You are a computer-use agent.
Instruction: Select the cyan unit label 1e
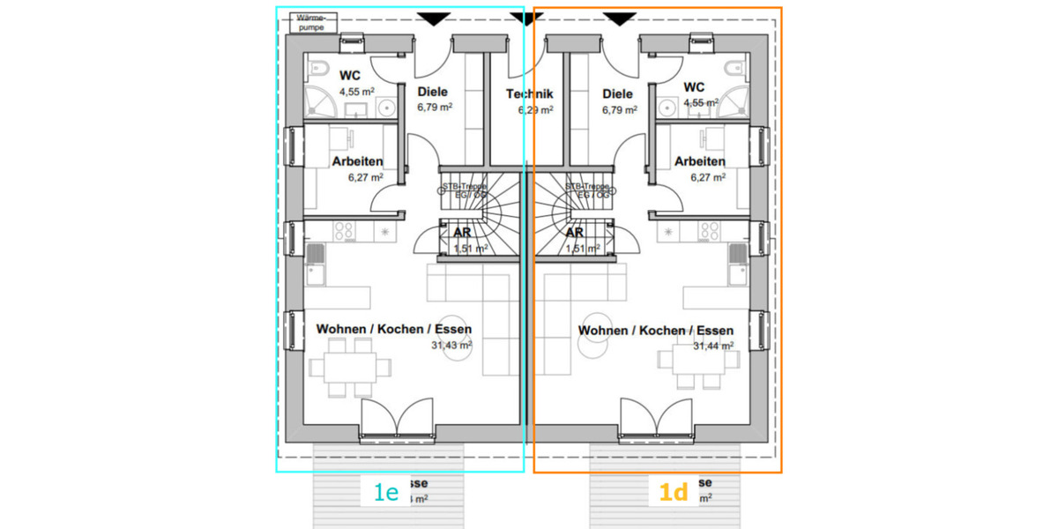(386, 493)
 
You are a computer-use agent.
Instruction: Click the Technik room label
(529, 94)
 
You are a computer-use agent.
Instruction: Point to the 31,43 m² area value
(451, 346)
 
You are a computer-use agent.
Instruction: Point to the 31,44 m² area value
(713, 346)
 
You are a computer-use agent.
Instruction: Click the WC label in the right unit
(694, 86)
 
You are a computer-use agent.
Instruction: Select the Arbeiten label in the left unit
(357, 161)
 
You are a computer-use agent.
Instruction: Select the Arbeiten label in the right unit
(700, 161)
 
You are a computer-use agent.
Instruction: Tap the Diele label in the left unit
(432, 92)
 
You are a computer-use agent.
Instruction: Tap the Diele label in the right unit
(617, 94)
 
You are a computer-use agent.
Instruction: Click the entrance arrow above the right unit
(620, 19)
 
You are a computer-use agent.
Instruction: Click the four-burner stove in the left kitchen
(343, 231)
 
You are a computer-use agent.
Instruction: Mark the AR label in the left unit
(461, 233)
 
